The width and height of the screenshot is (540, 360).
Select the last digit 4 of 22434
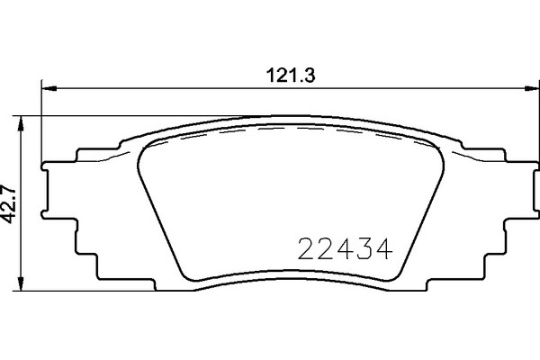coord(387,246)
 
